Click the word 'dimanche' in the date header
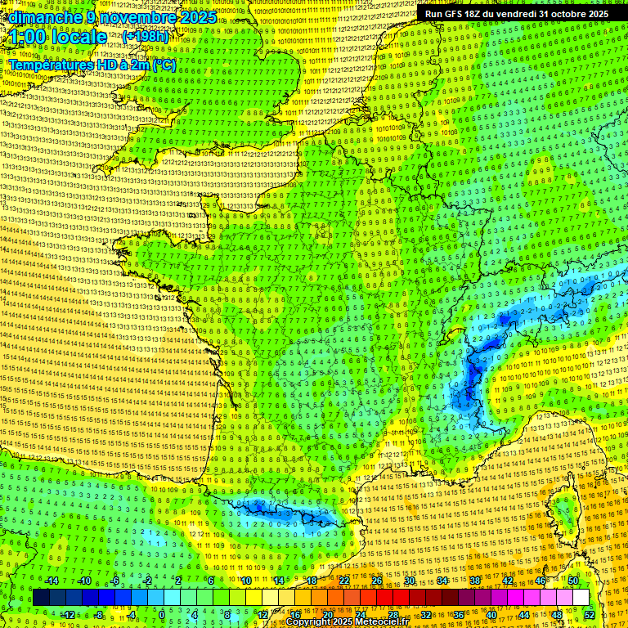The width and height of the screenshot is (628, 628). coord(46,17)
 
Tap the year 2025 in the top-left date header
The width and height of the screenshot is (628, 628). coord(198,17)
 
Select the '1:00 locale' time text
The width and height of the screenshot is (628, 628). coord(58,37)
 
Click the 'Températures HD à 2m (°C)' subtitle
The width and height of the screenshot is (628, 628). coord(92,64)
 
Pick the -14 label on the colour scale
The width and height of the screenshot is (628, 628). coord(51,581)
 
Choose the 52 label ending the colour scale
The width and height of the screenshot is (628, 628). coord(590,614)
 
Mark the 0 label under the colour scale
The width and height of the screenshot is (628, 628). coord(162,614)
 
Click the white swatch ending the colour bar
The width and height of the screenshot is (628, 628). coord(581,597)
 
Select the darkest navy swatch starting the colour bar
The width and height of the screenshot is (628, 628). coord(41,597)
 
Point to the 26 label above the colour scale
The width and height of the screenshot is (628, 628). coord(377,581)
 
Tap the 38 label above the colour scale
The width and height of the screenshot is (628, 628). coord(475,581)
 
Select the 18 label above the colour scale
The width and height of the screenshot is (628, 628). coord(311,581)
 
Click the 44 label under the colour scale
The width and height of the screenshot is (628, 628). coord(524,614)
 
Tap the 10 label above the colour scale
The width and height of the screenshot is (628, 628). coord(245,581)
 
